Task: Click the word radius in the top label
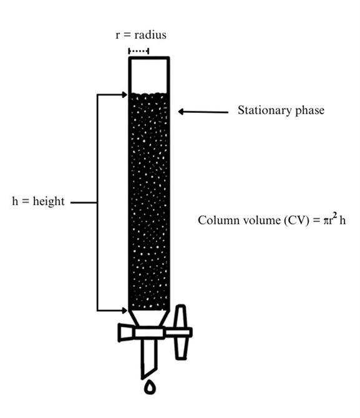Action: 150,35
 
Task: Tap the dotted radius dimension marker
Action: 139,51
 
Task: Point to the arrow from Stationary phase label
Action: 203,112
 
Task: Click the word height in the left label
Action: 49,202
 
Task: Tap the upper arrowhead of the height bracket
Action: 125,95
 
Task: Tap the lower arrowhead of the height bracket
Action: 125,310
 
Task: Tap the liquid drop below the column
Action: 150,387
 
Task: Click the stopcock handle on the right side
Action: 181,332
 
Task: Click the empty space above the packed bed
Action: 149,75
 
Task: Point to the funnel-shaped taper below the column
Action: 149,318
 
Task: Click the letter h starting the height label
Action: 15,202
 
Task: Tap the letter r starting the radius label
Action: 117,36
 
